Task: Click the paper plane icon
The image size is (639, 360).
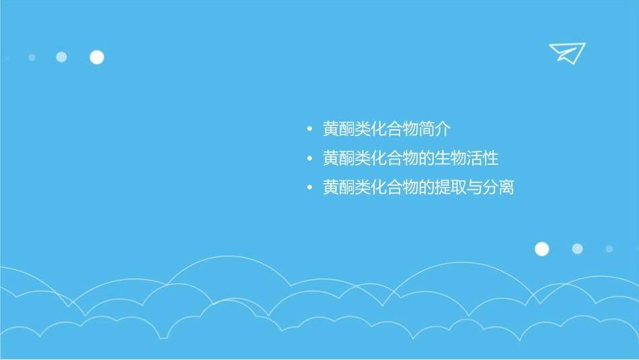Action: coord(566,52)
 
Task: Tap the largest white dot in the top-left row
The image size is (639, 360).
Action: coord(97,57)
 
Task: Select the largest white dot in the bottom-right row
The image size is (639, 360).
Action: coord(541,249)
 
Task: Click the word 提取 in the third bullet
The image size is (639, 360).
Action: coord(453,188)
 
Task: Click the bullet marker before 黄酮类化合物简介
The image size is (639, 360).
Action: coord(309,129)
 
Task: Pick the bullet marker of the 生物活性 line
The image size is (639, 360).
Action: coord(309,159)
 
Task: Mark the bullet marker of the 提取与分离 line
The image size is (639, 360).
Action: coord(309,188)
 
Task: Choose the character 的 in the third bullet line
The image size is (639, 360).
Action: coord(428,188)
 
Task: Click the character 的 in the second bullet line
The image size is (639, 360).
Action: coord(428,159)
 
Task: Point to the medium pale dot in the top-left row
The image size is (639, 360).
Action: coord(61,57)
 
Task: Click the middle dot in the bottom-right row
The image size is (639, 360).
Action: coord(577,249)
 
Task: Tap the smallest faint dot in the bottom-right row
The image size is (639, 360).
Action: coord(609,249)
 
